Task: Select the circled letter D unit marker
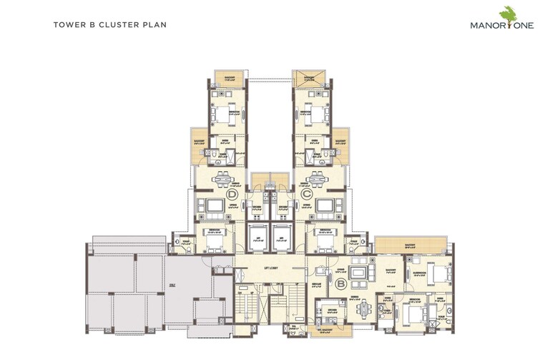[x=232, y=194]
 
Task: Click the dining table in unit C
[x=315, y=178]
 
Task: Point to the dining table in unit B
[x=364, y=307]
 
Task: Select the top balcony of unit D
[x=230, y=77]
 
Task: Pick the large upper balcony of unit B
[x=408, y=245]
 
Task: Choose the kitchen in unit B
[x=330, y=308]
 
